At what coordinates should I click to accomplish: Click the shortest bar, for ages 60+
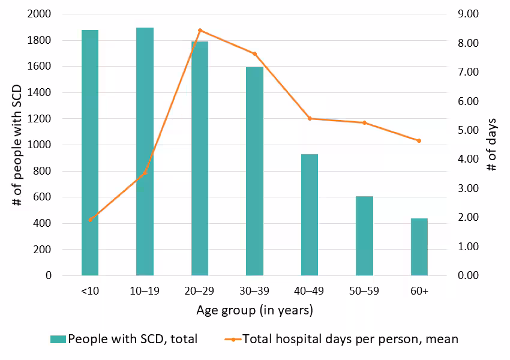(x=419, y=247)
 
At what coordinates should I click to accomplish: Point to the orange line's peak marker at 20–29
(x=200, y=31)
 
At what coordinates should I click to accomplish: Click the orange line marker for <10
(x=90, y=220)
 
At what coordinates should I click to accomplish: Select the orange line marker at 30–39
(x=254, y=54)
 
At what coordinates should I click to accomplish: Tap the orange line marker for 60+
(x=419, y=141)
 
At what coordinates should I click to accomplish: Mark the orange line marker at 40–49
(x=310, y=119)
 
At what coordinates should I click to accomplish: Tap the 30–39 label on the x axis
(x=254, y=291)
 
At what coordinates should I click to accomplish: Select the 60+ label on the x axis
(x=419, y=291)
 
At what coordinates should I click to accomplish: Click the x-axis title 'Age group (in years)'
(x=254, y=311)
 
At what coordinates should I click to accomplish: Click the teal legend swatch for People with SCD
(x=58, y=340)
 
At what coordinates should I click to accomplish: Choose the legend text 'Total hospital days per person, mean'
(x=350, y=340)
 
